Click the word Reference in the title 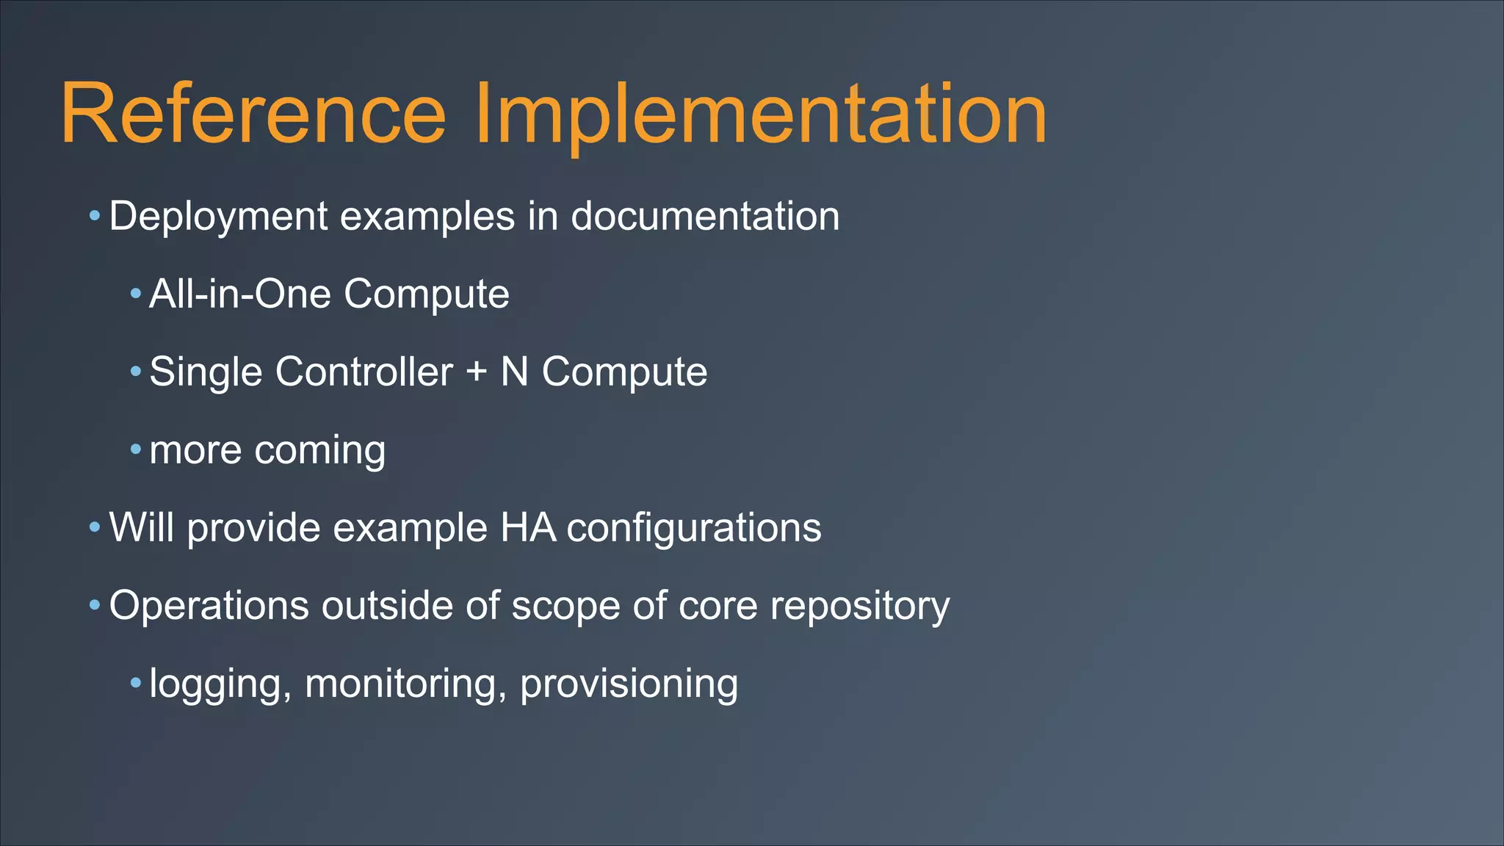[x=253, y=114]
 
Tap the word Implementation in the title [x=760, y=114]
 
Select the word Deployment [x=218, y=217]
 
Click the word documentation [x=705, y=217]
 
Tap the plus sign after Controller [x=477, y=372]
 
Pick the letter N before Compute [x=514, y=372]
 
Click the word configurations [x=694, y=528]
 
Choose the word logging [x=215, y=684]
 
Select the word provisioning [x=629, y=684]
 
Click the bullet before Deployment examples [x=94, y=217]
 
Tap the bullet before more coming [x=135, y=449]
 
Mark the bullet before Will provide [x=94, y=527]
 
